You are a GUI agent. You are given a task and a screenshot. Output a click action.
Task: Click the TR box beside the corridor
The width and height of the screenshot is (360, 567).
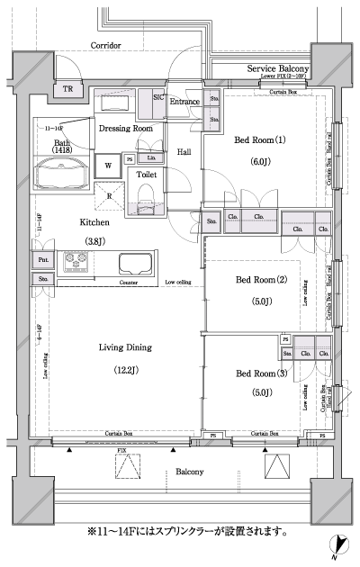pos(67,88)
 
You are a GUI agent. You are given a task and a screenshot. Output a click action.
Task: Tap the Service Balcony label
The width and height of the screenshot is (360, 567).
pos(279,69)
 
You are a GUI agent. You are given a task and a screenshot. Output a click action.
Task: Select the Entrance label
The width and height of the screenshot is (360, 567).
pos(184,102)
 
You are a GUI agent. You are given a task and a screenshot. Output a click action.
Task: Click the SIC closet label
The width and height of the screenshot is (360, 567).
pos(158,96)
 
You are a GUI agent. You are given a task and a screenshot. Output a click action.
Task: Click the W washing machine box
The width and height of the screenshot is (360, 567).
pos(108,165)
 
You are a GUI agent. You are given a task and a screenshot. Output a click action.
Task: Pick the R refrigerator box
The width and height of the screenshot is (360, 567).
pos(109,195)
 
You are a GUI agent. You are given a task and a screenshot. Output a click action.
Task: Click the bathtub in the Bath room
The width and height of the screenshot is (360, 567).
pos(58,171)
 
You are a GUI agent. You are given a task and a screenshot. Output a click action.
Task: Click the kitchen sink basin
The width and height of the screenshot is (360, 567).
pos(133,265)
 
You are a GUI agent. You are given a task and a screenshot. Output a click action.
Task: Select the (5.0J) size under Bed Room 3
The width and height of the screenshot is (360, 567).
pos(259,391)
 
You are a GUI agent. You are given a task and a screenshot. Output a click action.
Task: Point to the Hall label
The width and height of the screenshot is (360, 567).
pos(184,152)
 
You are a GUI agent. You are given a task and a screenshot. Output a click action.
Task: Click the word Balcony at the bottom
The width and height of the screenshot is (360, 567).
pos(189,472)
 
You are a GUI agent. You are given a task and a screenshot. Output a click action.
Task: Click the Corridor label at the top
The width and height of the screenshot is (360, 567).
pos(106,45)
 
